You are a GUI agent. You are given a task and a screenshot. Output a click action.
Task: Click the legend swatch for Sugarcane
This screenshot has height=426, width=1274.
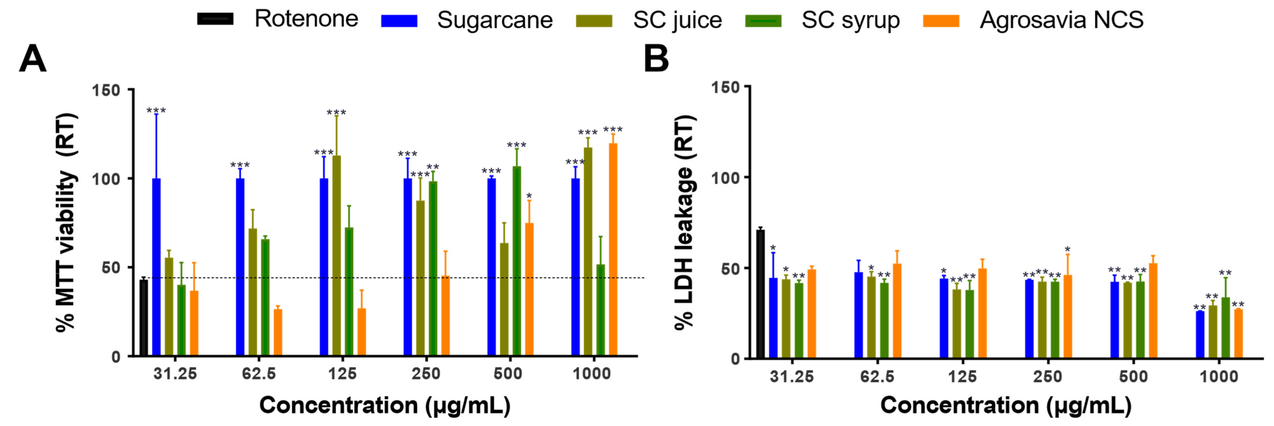[x=399, y=21]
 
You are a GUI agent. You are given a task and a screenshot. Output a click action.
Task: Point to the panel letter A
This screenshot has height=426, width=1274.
[x=32, y=59]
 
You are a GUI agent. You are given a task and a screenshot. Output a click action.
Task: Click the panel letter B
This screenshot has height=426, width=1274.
[x=656, y=59]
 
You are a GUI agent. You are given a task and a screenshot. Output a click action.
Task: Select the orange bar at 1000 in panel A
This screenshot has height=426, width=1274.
[x=613, y=249]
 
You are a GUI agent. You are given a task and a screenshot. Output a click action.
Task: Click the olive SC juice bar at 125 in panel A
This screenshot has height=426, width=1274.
[x=336, y=255]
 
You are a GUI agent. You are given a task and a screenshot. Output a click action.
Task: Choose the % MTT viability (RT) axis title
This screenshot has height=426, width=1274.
[x=66, y=223]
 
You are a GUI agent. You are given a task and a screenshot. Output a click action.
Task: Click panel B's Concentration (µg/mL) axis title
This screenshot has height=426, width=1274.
[x=1006, y=405]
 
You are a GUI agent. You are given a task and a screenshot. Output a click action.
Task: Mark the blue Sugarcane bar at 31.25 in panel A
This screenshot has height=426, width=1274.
[x=156, y=267]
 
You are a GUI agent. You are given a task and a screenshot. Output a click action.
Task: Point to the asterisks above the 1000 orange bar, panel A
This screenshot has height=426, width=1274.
[x=613, y=130]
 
